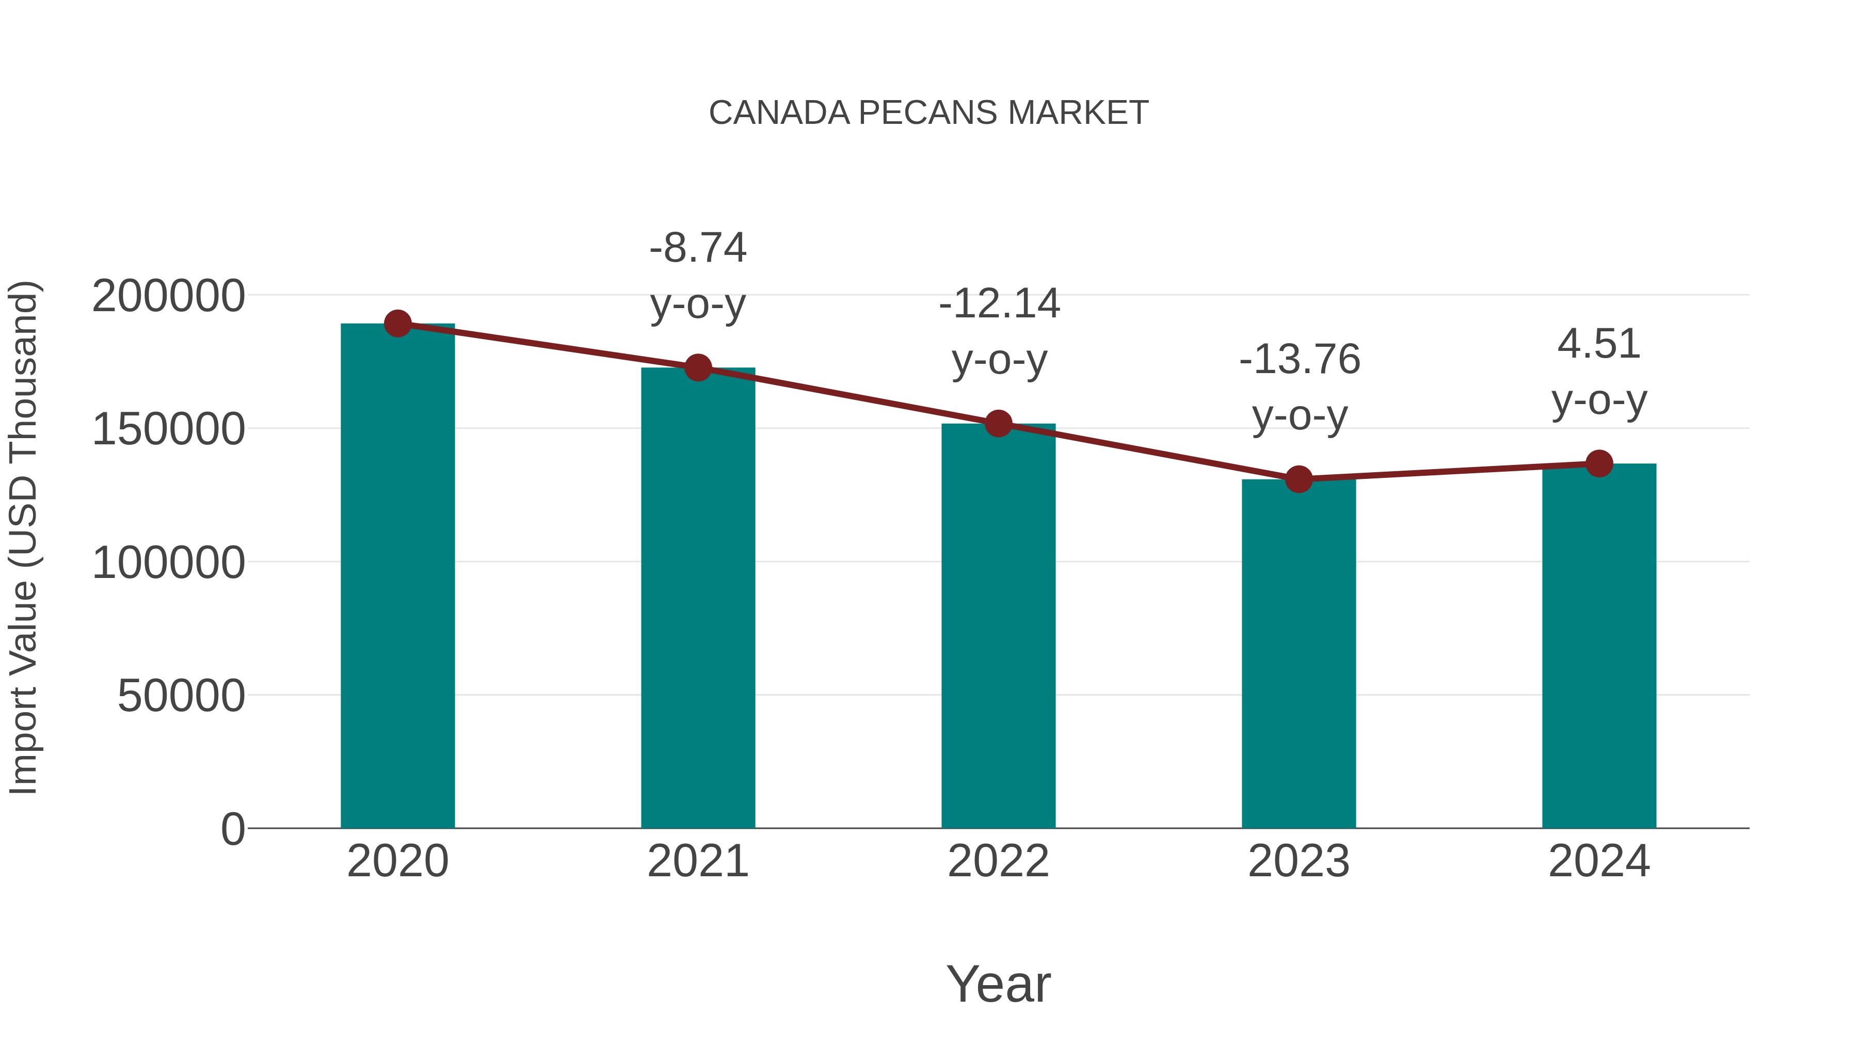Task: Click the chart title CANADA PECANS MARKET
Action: click(x=928, y=113)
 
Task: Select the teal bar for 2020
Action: click(x=397, y=577)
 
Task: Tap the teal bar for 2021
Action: click(x=697, y=599)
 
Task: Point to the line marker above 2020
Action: click(x=397, y=324)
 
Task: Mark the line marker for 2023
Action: click(x=1299, y=479)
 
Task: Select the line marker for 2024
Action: click(x=1599, y=464)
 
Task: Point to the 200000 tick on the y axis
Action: click(x=168, y=296)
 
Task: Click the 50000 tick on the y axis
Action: click(x=181, y=696)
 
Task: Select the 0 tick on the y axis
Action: click(x=232, y=829)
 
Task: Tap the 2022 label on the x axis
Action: click(x=998, y=861)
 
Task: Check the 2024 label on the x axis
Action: click(x=1599, y=861)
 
